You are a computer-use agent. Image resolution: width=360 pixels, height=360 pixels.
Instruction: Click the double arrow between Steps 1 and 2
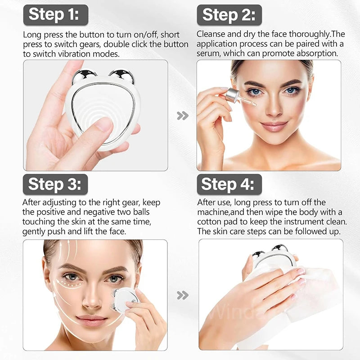[182, 116]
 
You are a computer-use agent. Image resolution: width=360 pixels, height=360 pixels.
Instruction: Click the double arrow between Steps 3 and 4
[182, 295]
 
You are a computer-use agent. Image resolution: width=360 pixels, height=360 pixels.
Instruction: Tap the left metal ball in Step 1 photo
[84, 76]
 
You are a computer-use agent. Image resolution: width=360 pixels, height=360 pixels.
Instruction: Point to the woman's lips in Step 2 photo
[274, 126]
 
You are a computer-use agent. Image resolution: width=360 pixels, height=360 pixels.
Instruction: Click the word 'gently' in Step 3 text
[34, 231]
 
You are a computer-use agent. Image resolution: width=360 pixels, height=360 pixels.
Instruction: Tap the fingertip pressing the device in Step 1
[104, 125]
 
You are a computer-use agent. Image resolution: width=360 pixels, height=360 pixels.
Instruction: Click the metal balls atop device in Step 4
[270, 251]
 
